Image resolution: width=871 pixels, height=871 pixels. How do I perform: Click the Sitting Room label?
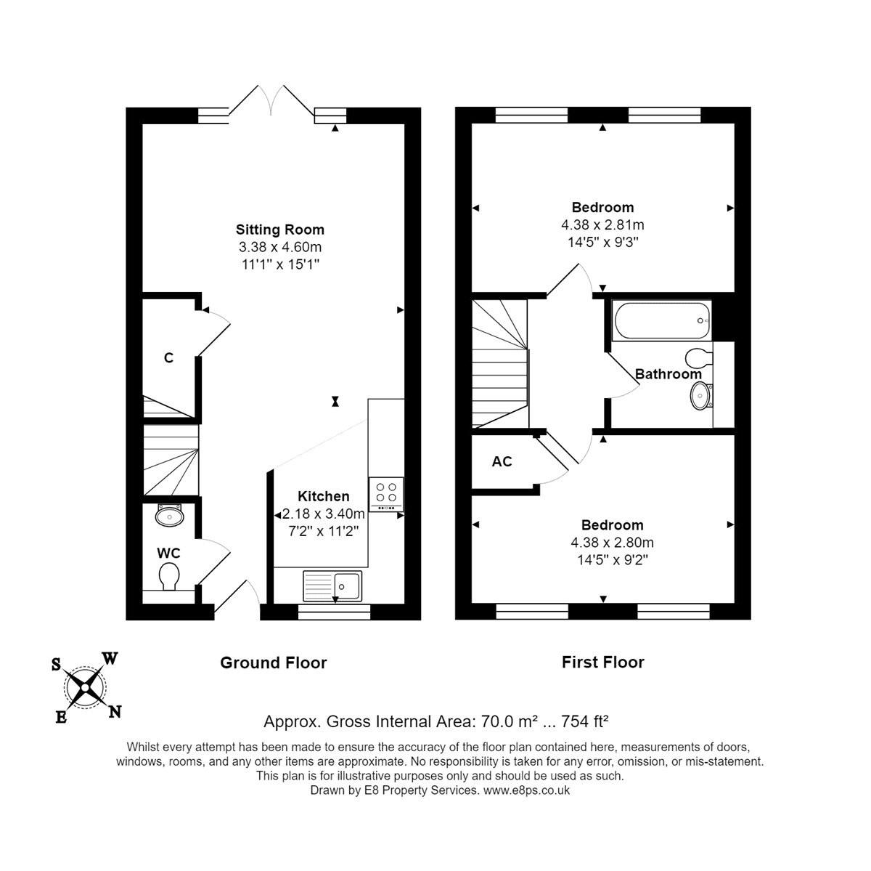click(279, 230)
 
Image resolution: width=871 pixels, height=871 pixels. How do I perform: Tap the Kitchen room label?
click(323, 496)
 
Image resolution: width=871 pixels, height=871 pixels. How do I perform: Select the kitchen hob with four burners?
click(386, 494)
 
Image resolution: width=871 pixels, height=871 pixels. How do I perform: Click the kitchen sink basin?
click(348, 586)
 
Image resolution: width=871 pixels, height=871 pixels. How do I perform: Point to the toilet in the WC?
click(169, 576)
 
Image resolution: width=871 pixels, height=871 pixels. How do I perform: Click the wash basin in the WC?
click(170, 515)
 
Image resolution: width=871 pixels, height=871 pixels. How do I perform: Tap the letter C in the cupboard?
click(168, 358)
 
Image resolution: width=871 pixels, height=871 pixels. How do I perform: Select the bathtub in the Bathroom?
click(662, 321)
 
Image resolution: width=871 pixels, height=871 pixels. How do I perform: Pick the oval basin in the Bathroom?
click(700, 396)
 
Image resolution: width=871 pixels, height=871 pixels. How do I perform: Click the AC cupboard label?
click(502, 461)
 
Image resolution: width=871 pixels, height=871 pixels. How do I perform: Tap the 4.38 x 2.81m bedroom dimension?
click(602, 225)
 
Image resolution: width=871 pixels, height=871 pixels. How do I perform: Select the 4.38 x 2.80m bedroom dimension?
click(612, 543)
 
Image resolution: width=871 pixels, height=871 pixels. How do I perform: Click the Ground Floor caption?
click(274, 663)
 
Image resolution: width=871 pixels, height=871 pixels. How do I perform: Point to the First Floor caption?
click(603, 663)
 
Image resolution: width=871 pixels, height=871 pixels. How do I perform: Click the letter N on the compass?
click(115, 712)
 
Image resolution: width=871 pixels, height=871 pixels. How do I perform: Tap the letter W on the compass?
click(110, 658)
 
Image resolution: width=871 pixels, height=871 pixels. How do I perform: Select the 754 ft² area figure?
click(584, 721)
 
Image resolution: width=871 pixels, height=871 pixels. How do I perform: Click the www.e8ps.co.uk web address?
click(526, 790)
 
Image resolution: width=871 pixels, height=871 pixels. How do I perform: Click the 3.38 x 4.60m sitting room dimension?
click(280, 247)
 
